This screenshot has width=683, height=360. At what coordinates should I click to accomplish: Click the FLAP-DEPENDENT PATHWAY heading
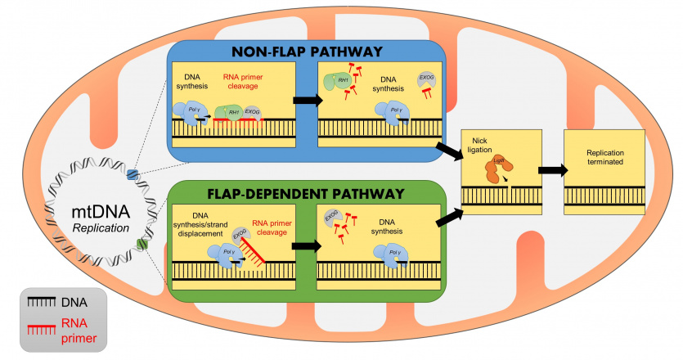pos(306,194)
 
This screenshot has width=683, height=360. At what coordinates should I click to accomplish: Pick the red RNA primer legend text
pos(83,329)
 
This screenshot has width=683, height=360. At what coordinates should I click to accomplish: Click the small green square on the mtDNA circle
pos(142,244)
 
